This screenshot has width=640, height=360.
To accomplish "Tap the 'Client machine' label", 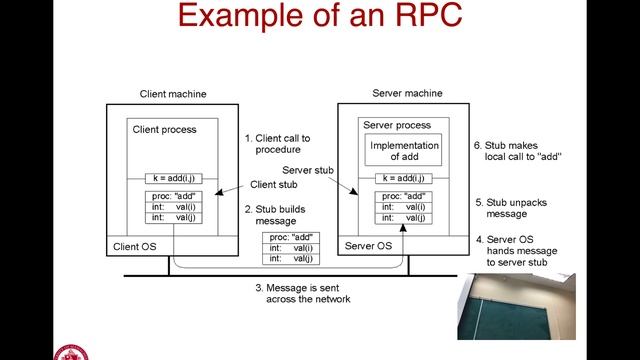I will click(x=173, y=94).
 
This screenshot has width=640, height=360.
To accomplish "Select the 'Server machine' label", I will click(x=407, y=93).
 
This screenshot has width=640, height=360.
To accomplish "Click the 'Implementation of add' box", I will click(x=405, y=152).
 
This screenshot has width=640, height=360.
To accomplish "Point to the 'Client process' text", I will click(x=165, y=130).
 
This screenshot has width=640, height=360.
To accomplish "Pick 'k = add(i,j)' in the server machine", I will click(x=404, y=178).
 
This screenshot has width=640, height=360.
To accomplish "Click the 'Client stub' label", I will click(x=275, y=184).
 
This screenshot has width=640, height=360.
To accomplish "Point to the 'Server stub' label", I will click(x=307, y=170).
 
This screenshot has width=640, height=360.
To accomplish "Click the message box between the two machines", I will click(x=291, y=248).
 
